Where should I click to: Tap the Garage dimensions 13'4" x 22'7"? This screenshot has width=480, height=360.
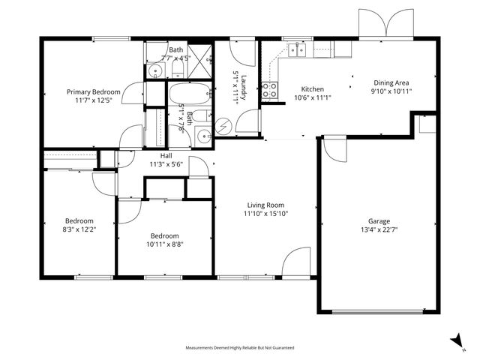[379, 230]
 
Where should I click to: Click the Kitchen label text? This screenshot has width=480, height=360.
[312, 88]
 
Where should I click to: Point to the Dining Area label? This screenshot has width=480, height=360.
[391, 83]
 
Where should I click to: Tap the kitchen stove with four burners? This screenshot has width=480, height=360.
[269, 90]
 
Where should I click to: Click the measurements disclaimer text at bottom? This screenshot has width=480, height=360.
[240, 348]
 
